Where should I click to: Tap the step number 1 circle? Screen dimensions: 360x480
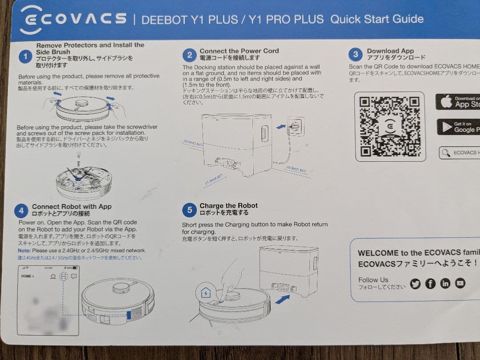coord(26,56)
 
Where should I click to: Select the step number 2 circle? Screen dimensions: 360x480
coord(190,55)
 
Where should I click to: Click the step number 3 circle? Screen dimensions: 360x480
coord(356,55)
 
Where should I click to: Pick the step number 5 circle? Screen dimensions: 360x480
coord(190,209)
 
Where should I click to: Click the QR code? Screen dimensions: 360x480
coord(390,126)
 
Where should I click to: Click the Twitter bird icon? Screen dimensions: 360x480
coord(415,284)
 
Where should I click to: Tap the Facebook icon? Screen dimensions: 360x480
coord(430,284)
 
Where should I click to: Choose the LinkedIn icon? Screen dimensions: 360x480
coord(445,284)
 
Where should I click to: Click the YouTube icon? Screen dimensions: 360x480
coord(460,283)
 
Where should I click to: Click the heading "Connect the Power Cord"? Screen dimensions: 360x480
coord(239,51)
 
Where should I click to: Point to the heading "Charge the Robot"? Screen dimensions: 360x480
coord(228,205)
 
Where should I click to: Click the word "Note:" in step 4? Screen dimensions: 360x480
coord(24,251)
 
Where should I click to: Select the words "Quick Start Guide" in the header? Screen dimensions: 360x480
coord(377,19)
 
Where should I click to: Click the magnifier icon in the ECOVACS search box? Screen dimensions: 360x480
coord(445,153)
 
